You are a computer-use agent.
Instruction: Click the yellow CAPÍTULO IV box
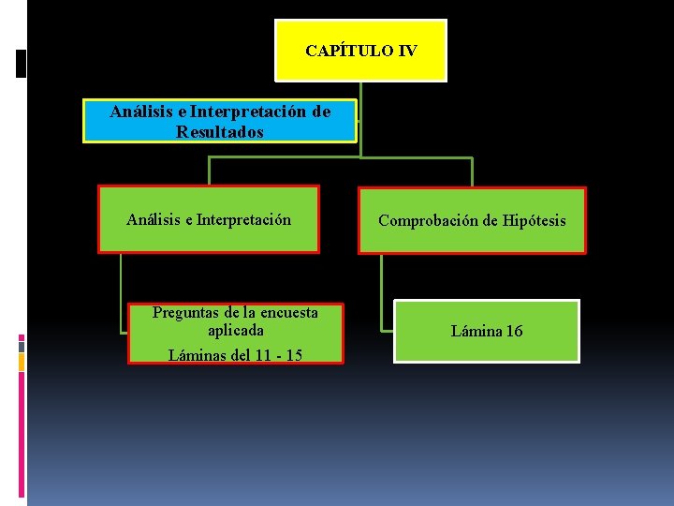pyautogui.click(x=360, y=51)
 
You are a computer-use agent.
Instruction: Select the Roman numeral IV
pyautogui.click(x=407, y=51)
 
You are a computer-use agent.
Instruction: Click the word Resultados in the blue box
pyautogui.click(x=220, y=132)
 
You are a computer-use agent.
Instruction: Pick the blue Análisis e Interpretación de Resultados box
pyautogui.click(x=220, y=122)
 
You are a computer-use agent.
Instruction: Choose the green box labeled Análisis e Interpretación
pyautogui.click(x=209, y=220)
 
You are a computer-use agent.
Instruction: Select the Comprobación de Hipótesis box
pyautogui.click(x=472, y=221)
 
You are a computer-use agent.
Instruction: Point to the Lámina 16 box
pyautogui.click(x=487, y=331)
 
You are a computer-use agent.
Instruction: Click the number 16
pyautogui.click(x=514, y=331)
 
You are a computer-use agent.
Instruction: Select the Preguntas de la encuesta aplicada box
pyautogui.click(x=235, y=333)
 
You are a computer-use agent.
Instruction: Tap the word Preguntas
pyautogui.click(x=184, y=312)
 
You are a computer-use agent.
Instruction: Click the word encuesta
pyautogui.click(x=286, y=312)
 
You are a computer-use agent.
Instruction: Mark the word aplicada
pyautogui.click(x=235, y=330)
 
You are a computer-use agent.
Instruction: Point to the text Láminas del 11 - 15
pyautogui.click(x=235, y=354)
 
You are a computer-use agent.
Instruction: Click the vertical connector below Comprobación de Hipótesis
pyautogui.click(x=381, y=290)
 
